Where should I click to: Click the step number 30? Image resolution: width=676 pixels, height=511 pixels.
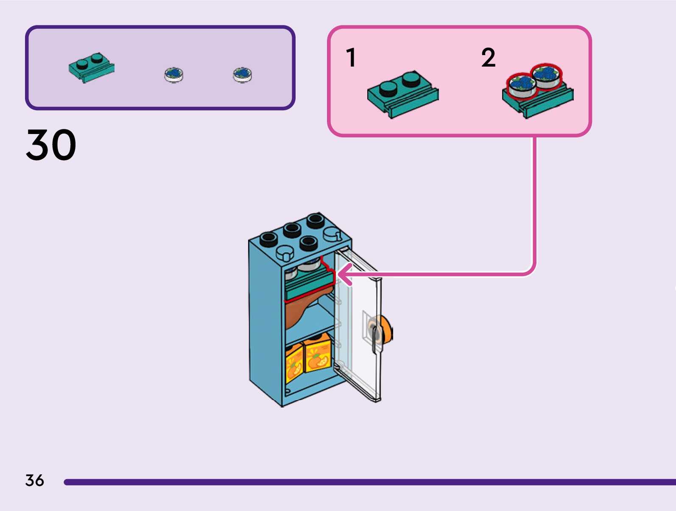coord(51,145)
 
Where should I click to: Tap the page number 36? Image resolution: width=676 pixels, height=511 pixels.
coord(34,480)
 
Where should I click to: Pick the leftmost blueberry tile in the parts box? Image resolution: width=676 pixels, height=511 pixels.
coord(173,74)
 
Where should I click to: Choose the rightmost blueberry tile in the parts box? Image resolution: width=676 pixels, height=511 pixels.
coord(242,74)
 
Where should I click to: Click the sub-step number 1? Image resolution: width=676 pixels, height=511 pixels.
coord(350,58)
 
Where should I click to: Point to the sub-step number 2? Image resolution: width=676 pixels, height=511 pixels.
coord(488,58)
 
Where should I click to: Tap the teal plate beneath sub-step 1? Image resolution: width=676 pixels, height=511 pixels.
coord(402,94)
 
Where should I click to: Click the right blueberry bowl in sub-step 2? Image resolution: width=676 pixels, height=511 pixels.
coord(546,75)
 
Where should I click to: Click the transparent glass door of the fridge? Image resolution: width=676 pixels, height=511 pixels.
coord(358,327)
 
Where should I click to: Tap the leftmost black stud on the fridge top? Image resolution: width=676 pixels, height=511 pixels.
coord(268,239)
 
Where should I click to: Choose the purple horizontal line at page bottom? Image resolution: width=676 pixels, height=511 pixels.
coord(369,482)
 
